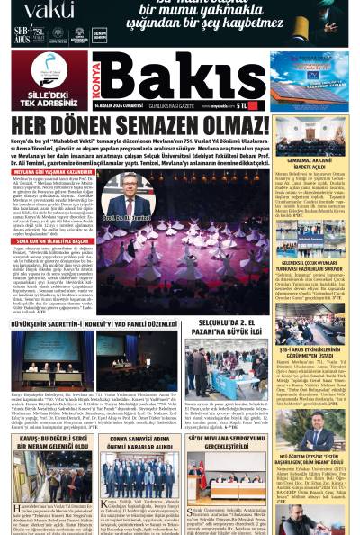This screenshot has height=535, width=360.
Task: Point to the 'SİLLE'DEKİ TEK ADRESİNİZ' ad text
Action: [x=44, y=97]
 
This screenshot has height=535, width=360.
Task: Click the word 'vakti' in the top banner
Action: [x=49, y=10]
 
